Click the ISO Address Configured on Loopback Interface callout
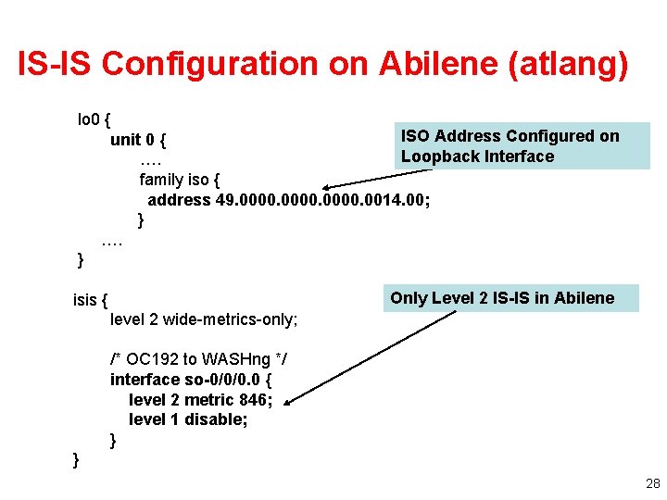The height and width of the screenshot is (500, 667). tap(511, 146)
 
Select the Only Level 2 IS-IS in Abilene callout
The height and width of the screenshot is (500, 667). tap(502, 297)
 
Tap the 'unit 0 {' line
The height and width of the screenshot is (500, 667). tap(138, 140)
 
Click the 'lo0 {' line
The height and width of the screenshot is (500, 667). tap(94, 119)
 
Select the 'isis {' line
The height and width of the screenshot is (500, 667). tap(91, 299)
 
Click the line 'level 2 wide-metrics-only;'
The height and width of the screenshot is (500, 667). tap(204, 319)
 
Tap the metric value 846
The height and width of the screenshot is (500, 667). tap(254, 400)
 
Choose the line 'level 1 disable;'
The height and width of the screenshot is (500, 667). tap(188, 419)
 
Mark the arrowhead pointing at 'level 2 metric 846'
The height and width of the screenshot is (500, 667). tap(287, 402)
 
